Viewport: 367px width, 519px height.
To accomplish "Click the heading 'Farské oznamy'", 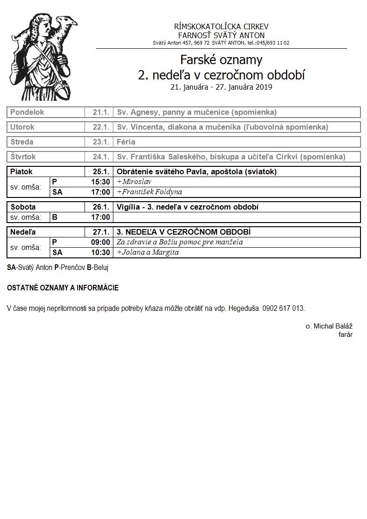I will pos(221,60).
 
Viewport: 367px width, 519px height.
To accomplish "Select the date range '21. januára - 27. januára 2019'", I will pos(221,87).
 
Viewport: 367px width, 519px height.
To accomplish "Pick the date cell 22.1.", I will pos(101,127).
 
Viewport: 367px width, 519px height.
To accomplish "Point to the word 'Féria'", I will pos(126,142).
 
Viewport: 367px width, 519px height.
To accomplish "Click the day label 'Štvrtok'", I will pos(23,157).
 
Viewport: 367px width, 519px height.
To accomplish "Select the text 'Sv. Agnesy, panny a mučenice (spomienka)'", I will pos(197,112).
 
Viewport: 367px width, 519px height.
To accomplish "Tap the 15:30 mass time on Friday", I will pos(100,182).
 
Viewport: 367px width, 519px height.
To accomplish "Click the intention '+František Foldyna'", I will pos(149,192).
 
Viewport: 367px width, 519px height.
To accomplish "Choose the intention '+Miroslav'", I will pos(134,182).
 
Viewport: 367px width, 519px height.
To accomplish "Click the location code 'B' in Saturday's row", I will pos(55,217).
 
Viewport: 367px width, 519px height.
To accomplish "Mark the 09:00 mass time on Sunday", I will pos(100,242).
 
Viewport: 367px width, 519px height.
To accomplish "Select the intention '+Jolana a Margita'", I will pos(148,252).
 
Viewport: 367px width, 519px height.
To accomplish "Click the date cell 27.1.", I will pos(101,232).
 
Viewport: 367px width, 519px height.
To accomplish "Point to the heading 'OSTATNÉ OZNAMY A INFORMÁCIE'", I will pos(63,288).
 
